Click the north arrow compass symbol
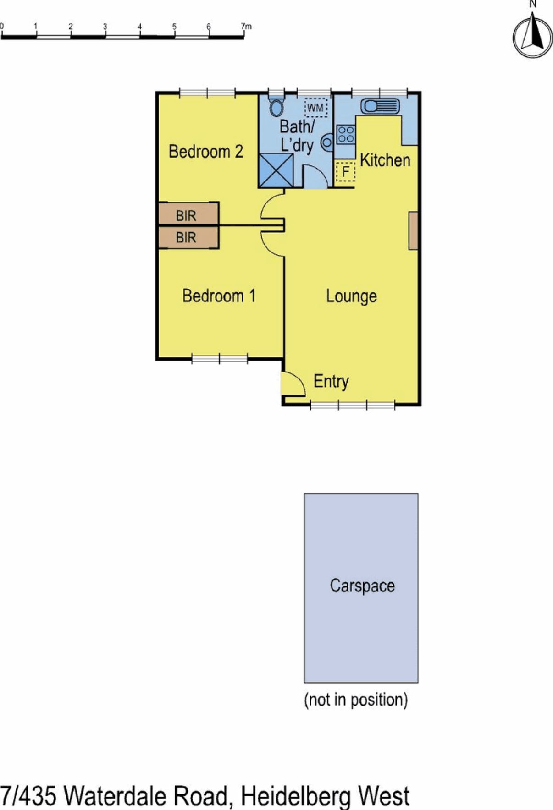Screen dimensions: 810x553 click(x=532, y=36)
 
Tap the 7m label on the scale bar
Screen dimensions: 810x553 click(x=246, y=27)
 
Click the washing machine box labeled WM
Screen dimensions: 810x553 click(x=315, y=108)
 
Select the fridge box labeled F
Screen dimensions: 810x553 click(x=345, y=172)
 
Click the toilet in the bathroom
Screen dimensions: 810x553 click(x=276, y=106)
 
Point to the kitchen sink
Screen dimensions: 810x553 click(x=380, y=106)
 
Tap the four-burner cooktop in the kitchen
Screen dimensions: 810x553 click(x=346, y=135)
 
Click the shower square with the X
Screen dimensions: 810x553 click(x=276, y=170)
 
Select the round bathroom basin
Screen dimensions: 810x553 click(x=327, y=142)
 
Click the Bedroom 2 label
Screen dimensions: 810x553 click(x=206, y=151)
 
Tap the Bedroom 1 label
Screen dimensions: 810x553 click(x=219, y=296)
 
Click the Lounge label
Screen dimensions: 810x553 click(x=351, y=296)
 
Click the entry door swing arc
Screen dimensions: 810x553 click(x=293, y=384)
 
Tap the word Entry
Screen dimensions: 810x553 click(x=331, y=381)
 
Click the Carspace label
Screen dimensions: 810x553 click(x=362, y=586)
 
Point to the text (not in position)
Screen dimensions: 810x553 click(x=356, y=700)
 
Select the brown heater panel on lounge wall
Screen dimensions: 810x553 click(x=413, y=230)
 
